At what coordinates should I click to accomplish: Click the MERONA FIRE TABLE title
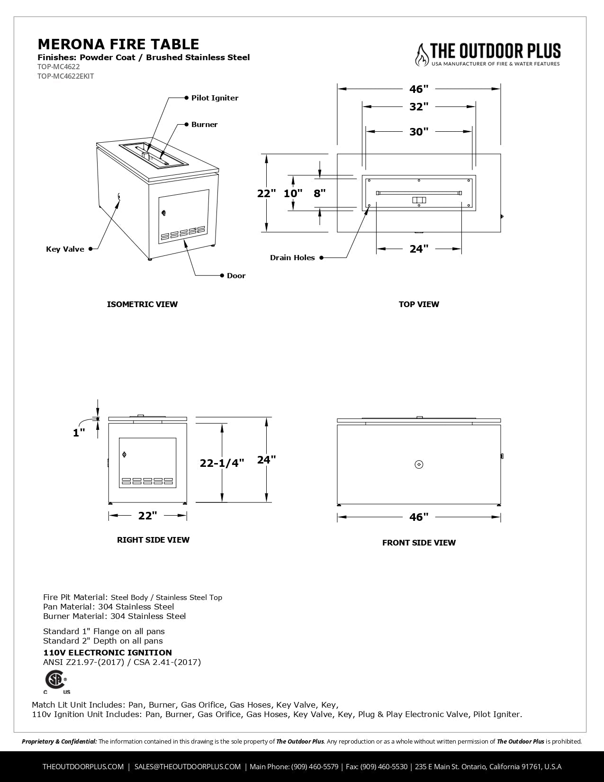(118, 44)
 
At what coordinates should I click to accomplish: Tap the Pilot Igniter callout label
(215, 98)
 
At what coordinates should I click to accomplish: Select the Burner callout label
(204, 125)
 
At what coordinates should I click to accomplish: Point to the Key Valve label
(65, 249)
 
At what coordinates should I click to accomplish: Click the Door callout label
(236, 276)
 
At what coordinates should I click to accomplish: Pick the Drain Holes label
(292, 258)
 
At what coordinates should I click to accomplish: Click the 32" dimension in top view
(419, 107)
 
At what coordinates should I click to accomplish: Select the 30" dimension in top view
(419, 131)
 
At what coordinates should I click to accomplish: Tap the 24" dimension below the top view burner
(419, 249)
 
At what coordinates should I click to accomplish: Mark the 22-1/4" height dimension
(222, 463)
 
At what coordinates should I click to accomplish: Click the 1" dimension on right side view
(79, 432)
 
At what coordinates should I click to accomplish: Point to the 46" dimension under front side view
(419, 517)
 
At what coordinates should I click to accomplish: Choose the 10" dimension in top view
(293, 193)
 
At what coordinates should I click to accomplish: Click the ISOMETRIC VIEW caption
(142, 304)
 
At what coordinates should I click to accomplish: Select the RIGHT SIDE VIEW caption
(153, 540)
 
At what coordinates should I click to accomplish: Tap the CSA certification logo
(56, 681)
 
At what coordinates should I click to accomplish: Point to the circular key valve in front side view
(419, 464)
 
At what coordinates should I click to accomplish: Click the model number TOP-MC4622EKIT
(66, 76)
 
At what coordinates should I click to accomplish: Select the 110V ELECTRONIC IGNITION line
(108, 653)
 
